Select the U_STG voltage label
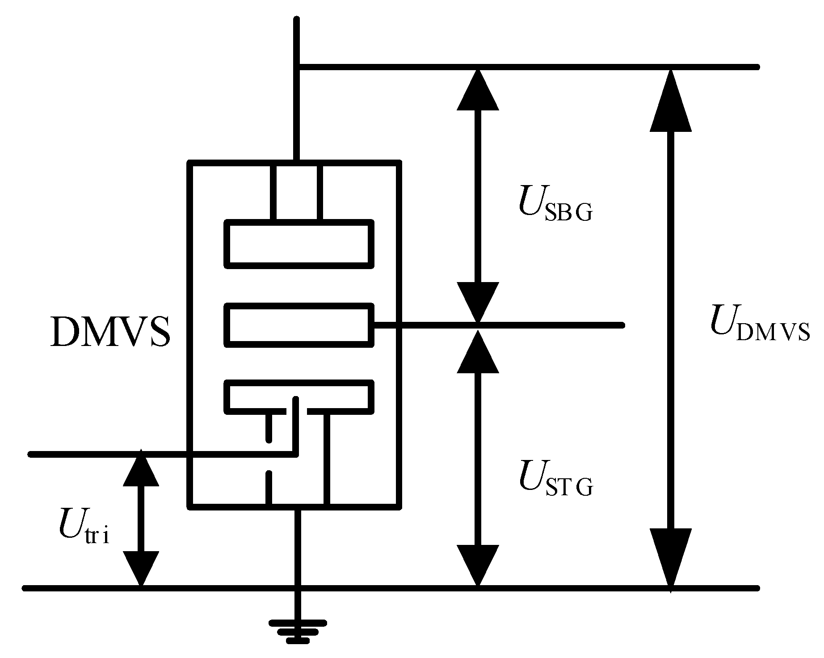click(556, 481)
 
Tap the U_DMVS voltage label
click(760, 326)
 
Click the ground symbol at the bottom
click(298, 631)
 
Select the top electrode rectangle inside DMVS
click(298, 244)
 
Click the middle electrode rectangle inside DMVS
click(298, 325)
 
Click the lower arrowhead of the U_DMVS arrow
click(670, 557)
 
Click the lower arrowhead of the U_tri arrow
click(141, 568)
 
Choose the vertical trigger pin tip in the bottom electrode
click(295, 400)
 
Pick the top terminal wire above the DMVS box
click(297, 89)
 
